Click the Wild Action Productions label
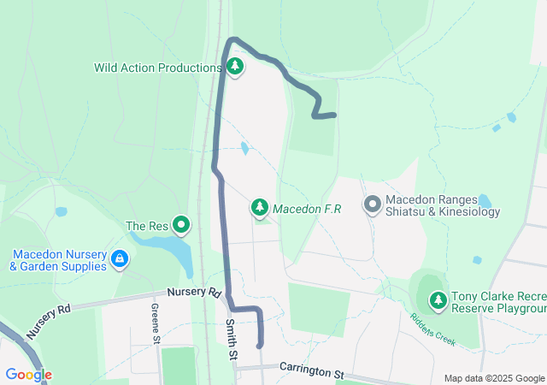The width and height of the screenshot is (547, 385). click(x=158, y=68)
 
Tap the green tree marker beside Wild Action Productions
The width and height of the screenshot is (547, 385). click(x=234, y=66)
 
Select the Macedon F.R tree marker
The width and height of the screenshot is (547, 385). click(x=260, y=207)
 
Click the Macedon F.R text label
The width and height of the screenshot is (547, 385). click(x=308, y=209)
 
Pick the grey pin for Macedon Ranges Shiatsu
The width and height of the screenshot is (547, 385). click(x=372, y=204)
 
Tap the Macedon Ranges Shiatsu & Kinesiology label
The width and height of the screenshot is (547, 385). click(x=443, y=205)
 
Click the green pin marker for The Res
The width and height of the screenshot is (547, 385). click(x=181, y=225)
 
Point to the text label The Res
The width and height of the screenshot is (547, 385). click(x=147, y=226)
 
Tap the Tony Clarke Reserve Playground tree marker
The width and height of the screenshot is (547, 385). click(x=438, y=300)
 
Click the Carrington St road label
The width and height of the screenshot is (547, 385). click(x=311, y=371)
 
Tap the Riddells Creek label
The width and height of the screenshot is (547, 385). click(x=432, y=329)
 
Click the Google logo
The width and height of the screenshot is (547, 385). click(x=28, y=375)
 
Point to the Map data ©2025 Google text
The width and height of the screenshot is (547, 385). click(x=494, y=378)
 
